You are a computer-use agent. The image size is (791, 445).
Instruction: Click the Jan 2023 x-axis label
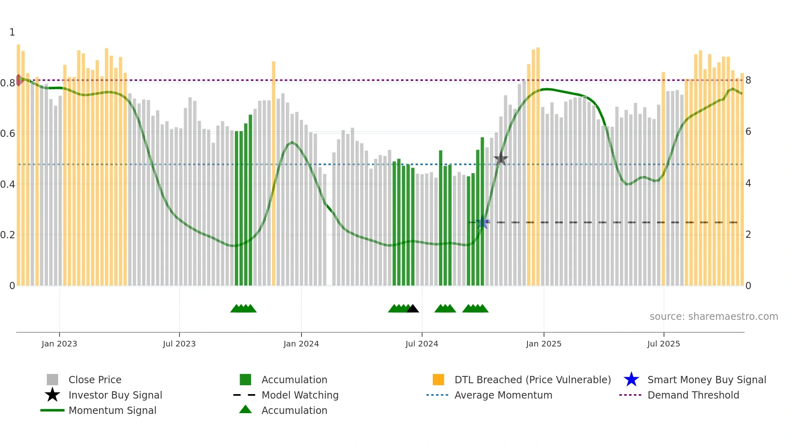coord(59,344)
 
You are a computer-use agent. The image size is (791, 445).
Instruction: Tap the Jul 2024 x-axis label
coord(422,344)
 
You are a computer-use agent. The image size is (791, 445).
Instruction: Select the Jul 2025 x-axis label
coord(663,344)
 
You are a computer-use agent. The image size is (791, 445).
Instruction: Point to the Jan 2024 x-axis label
coord(301,344)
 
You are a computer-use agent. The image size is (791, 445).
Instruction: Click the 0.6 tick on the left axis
coord(8,134)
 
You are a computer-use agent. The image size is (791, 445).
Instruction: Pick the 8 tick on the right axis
coord(748,80)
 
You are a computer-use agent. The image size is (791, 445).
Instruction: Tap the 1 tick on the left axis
coord(12,32)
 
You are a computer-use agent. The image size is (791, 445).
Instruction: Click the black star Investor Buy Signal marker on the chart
coord(501,159)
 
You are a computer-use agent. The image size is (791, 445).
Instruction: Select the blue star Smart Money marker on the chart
coord(482,222)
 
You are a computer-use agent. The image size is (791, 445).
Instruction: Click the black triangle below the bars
coord(412,309)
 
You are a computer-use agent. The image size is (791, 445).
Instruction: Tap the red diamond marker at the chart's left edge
coord(19,80)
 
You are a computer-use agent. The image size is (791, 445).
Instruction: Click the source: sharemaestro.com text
coord(714,317)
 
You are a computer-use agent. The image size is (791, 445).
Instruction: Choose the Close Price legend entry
coord(95,380)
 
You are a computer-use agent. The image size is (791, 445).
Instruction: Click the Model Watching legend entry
coord(300,395)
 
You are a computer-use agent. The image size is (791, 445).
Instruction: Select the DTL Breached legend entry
coord(532,380)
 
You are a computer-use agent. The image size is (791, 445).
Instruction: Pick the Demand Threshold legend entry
coord(693,395)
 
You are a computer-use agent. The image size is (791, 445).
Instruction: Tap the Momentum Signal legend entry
coord(112,410)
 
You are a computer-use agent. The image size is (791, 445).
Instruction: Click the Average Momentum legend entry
coord(503,395)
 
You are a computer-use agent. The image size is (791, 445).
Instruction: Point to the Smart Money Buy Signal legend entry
coord(707,380)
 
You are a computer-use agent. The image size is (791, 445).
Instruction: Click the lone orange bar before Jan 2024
coord(274,174)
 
